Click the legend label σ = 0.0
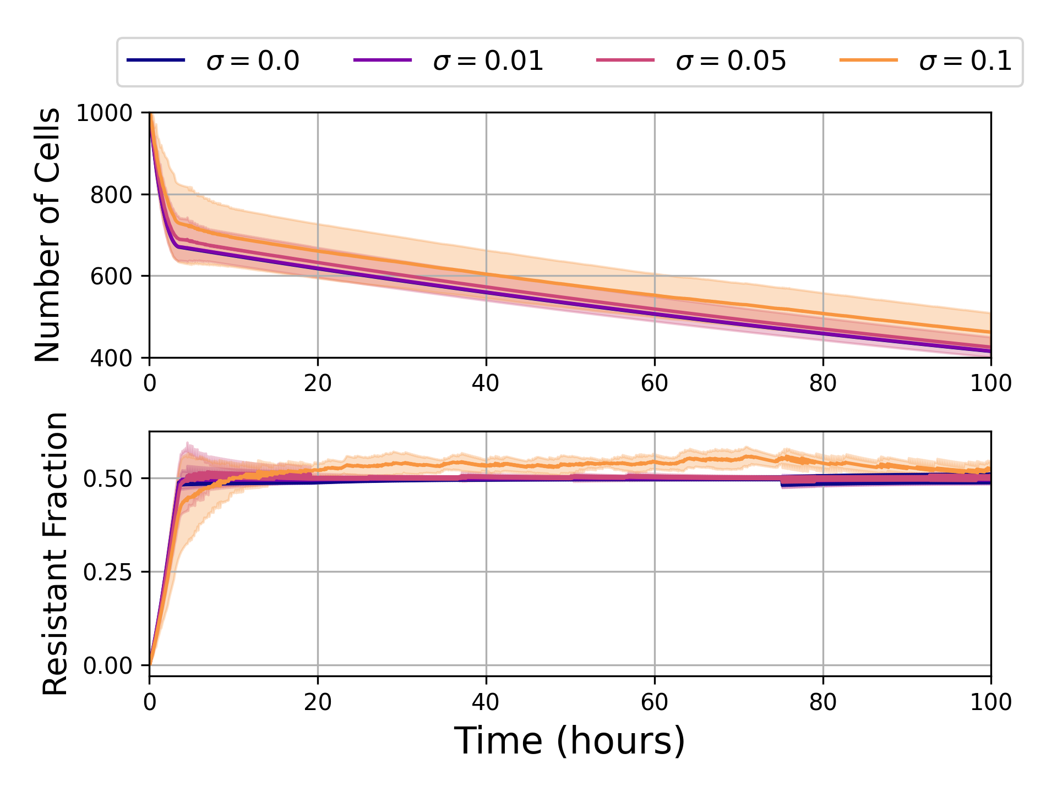(253, 61)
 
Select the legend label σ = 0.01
(488, 61)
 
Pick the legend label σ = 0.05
(731, 61)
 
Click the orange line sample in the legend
(869, 59)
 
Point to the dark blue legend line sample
(156, 59)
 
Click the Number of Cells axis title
(48, 235)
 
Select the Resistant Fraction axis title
(55, 553)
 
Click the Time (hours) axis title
(570, 741)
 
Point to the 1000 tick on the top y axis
(105, 113)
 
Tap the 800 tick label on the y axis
(112, 195)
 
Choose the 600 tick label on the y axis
(112, 276)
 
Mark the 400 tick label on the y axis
(112, 358)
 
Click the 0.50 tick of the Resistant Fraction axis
(108, 479)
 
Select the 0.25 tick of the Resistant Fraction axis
(108, 572)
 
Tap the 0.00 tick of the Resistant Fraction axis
(108, 666)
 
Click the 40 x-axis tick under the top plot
(486, 383)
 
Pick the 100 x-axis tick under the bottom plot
(991, 702)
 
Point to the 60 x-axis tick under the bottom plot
(655, 702)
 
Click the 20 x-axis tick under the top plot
(318, 383)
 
